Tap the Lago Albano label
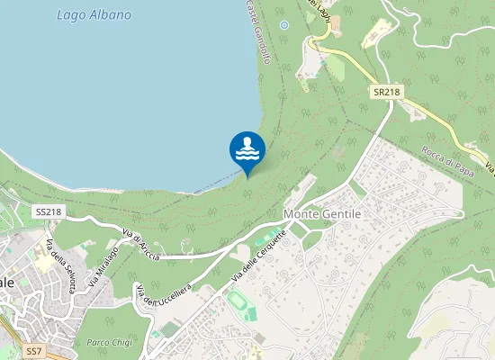click(x=94, y=15)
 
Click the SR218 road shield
click(x=386, y=93)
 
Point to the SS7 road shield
click(x=35, y=349)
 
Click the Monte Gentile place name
click(x=321, y=214)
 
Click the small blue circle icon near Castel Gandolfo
click(x=284, y=25)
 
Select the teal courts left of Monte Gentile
click(x=267, y=239)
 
